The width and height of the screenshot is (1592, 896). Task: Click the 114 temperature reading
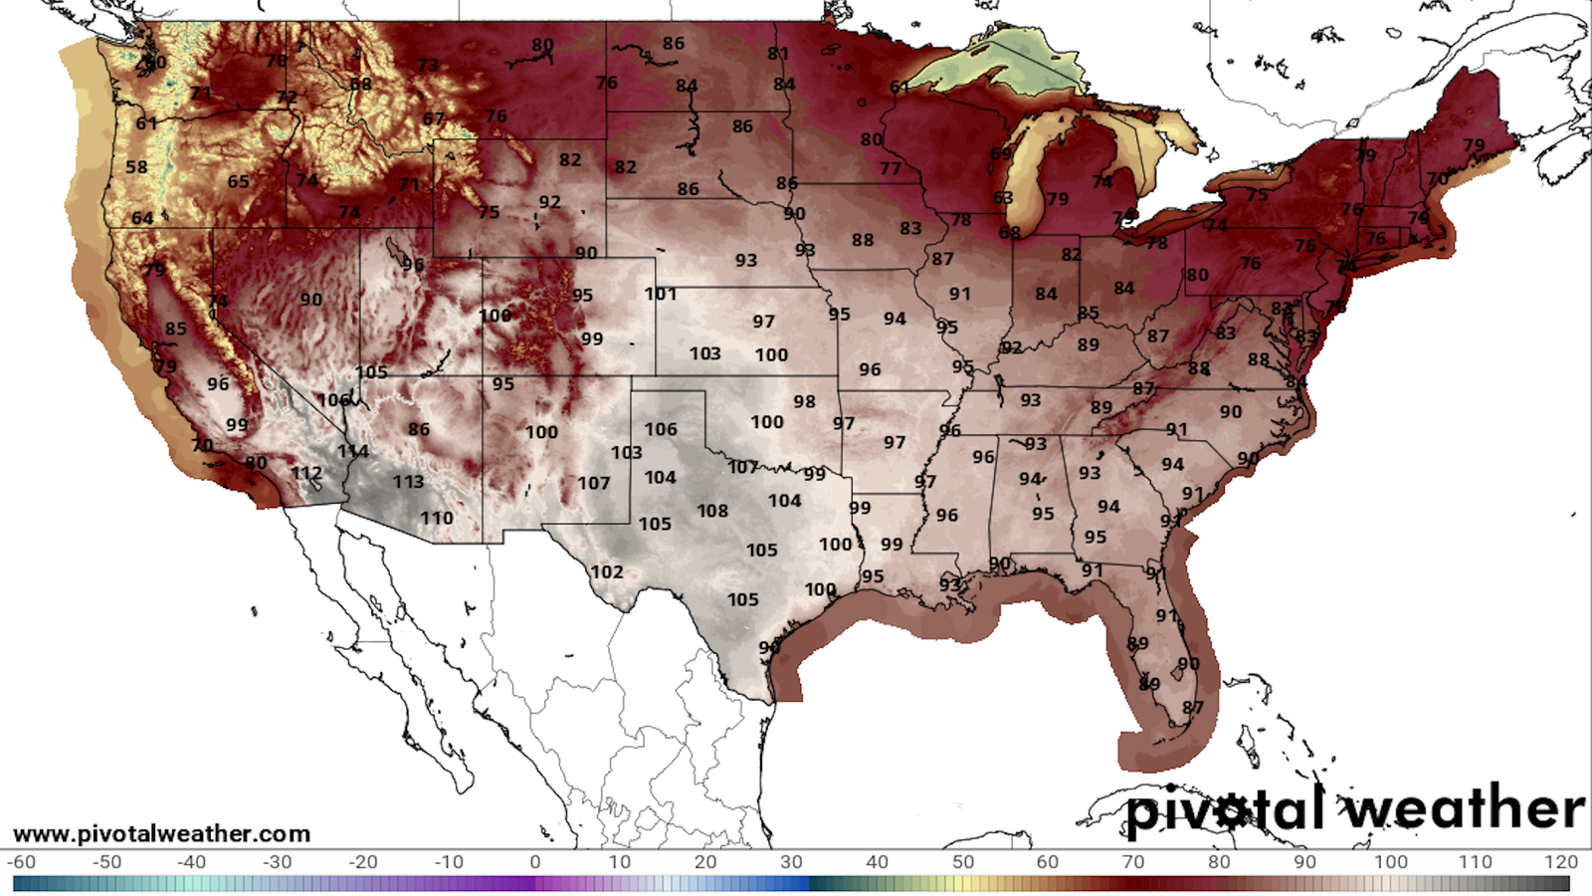352,451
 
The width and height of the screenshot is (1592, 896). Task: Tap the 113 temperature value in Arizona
408,482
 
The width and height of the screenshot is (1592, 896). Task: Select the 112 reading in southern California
306,473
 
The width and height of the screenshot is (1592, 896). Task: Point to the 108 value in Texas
712,511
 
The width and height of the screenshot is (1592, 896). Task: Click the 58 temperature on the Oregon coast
136,166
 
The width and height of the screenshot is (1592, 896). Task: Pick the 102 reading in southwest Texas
607,572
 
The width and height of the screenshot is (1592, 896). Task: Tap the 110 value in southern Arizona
436,518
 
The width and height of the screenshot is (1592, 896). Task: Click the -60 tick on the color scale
21,862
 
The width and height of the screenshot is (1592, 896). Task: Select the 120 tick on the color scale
1561,862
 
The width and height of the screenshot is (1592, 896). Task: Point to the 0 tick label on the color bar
535,862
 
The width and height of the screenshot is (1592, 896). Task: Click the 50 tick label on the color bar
962,862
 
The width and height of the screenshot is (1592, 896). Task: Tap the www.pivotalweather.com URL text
161,833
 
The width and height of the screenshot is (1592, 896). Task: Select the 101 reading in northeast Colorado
660,294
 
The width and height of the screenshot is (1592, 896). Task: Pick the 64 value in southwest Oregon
142,218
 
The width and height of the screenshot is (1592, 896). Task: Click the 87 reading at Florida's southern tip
1192,708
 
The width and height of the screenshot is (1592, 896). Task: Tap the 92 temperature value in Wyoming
549,202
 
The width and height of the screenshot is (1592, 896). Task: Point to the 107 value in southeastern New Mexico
594,483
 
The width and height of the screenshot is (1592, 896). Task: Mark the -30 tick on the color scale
277,862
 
